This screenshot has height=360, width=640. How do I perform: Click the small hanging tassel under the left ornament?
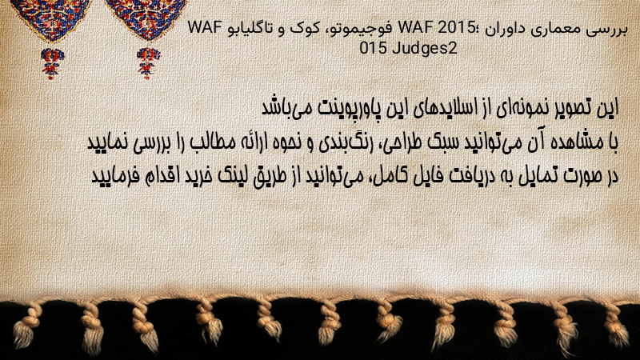click(x=52, y=63)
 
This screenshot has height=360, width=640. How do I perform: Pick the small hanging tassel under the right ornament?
click(x=148, y=63)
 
